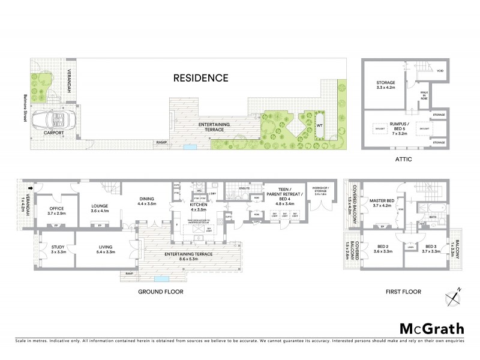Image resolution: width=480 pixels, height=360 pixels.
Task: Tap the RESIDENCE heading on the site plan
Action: click(x=201, y=77)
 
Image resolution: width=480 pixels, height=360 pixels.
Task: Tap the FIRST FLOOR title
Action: click(x=401, y=292)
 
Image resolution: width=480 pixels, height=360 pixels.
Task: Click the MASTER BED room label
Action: click(x=382, y=202)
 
